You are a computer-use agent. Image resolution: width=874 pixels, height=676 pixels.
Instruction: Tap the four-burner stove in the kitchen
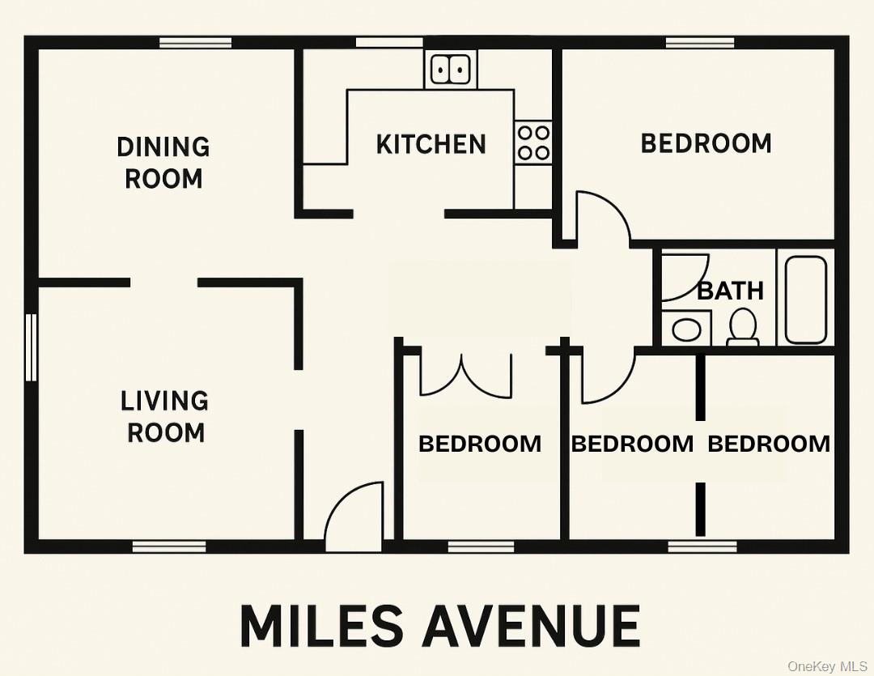533,142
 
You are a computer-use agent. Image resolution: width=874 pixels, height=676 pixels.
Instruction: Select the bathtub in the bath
806,299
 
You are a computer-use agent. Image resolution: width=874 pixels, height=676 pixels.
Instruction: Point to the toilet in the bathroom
742,327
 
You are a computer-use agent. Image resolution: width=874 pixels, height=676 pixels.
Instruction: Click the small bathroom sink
687,329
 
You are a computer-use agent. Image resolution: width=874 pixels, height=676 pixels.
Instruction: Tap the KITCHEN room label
431,145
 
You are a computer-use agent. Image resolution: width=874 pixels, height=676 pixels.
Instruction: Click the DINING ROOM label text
163,163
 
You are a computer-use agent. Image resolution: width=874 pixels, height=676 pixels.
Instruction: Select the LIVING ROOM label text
164,416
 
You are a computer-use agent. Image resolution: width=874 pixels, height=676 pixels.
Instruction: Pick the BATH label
730,290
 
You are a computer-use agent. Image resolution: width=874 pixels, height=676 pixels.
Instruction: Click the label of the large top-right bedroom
706,143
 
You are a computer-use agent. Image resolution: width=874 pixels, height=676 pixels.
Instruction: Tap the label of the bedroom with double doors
480,444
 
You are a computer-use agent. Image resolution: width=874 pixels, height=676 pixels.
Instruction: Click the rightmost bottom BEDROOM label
769,444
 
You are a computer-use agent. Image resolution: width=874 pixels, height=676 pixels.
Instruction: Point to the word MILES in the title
321,626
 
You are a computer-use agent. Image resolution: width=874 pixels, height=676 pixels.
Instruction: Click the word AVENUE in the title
531,626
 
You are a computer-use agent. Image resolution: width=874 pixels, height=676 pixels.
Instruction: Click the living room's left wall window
31,347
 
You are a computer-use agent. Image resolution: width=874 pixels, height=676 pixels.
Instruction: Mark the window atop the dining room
195,43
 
